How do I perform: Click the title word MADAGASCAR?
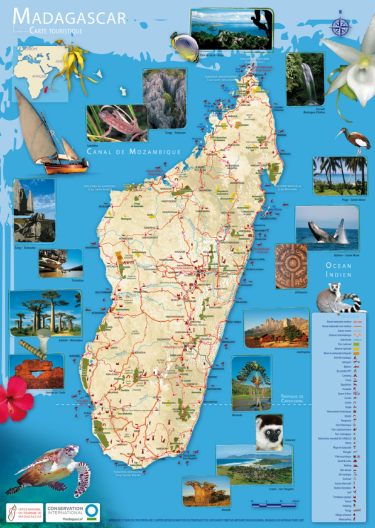[x=69, y=16]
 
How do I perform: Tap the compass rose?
[x=340, y=26]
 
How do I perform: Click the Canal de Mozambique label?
[x=134, y=151]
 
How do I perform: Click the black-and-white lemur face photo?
[x=269, y=432]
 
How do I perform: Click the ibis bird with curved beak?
[x=345, y=139]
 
